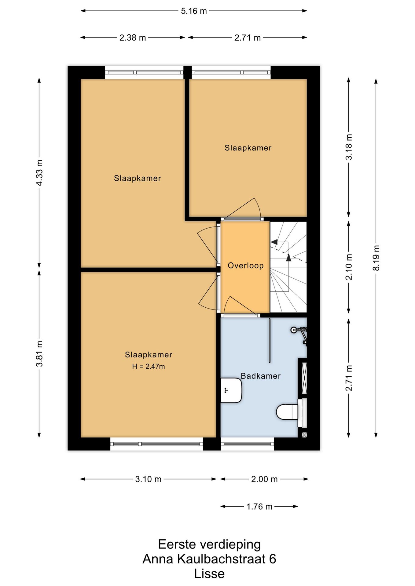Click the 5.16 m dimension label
(x=194, y=11)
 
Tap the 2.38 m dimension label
(x=133, y=38)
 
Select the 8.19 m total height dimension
(x=376, y=258)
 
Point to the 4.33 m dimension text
(x=39, y=172)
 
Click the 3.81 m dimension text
(x=39, y=354)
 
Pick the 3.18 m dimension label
(x=349, y=147)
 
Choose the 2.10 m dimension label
(x=349, y=267)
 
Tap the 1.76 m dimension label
(x=259, y=507)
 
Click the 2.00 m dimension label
(x=264, y=479)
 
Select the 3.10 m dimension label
(x=148, y=479)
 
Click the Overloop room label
(x=246, y=266)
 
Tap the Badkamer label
(x=261, y=376)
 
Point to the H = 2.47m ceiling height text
(x=149, y=367)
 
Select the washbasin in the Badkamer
(x=231, y=390)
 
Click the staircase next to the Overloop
(x=288, y=267)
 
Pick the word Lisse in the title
(x=209, y=574)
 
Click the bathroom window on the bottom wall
(x=247, y=444)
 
